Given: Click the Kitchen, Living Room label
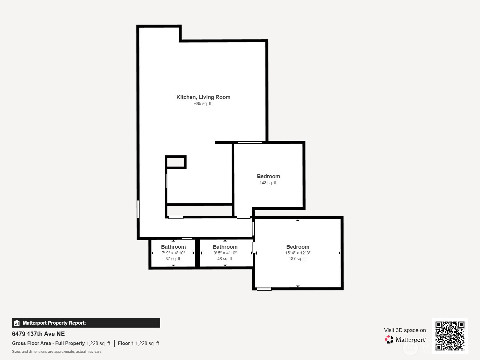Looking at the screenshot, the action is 203,97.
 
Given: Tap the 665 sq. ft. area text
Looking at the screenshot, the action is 203,103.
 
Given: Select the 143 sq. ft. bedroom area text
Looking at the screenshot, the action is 268,183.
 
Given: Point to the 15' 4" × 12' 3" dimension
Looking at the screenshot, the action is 298,253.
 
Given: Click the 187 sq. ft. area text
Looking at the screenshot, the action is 298,259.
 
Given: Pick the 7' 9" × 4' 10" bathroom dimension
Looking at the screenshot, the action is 173,253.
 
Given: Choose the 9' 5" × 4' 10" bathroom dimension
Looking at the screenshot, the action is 225,253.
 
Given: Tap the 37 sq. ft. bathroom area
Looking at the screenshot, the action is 173,259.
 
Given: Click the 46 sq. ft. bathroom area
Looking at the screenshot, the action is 225,259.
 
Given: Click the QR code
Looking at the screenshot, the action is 450,336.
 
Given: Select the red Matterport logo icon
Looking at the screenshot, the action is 389,340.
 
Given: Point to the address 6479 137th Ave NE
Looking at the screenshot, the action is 38,334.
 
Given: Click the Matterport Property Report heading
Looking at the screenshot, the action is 54,323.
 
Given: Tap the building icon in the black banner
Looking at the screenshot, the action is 17,323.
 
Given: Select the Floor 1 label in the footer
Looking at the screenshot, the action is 126,343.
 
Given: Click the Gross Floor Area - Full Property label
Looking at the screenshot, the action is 48,343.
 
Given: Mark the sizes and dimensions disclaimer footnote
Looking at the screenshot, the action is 56,352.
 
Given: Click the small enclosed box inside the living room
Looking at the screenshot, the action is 175,162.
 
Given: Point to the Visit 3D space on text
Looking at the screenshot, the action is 405,330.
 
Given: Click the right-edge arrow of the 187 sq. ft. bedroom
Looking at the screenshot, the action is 339,253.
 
